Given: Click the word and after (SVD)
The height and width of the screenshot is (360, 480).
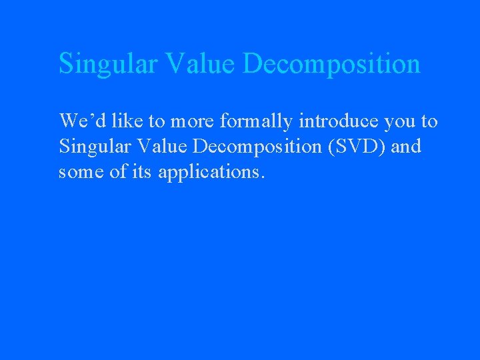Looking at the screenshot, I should (x=407, y=146).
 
